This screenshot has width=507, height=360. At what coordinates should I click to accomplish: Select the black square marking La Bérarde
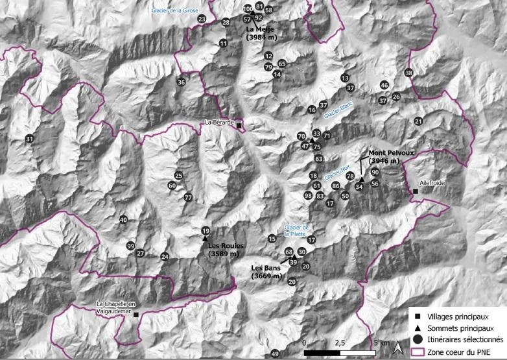(x=239, y=125)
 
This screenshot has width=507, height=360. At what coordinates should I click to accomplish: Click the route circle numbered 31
(x=29, y=139)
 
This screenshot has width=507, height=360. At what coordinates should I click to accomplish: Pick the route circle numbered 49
(x=275, y=354)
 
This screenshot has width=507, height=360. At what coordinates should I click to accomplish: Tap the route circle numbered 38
(x=408, y=73)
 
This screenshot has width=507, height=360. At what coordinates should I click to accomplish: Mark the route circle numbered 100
(x=248, y=9)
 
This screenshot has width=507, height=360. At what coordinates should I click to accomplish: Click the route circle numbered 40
(x=123, y=221)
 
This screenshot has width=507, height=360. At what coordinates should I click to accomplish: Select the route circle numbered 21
(x=418, y=121)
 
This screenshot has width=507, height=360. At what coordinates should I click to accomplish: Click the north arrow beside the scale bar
(x=400, y=350)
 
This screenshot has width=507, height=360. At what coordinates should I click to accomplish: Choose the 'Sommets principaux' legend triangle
(x=418, y=327)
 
